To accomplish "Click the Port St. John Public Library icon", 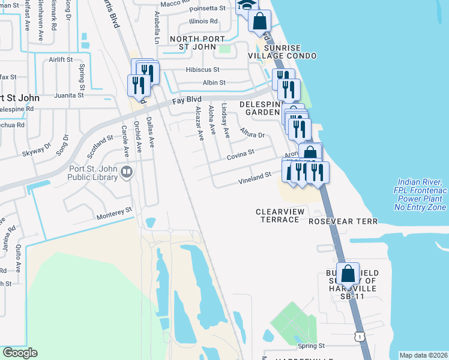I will [x=127, y=173].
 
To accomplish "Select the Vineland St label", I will [x=255, y=176].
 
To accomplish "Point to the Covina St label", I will [x=241, y=156].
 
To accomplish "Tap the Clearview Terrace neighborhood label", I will [x=280, y=215].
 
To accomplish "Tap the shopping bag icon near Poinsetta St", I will [x=259, y=21].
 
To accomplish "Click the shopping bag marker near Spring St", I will [x=348, y=274].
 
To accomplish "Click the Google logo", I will [x=20, y=353].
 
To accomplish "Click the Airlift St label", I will [x=61, y=60].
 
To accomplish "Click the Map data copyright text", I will [x=423, y=355].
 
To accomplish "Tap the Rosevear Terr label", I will [x=343, y=221].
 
